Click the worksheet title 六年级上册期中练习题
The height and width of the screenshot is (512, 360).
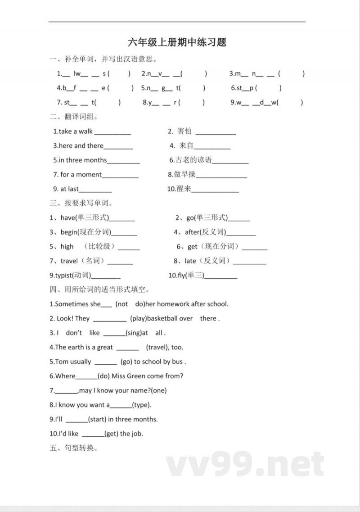pyautogui.click(x=177, y=42)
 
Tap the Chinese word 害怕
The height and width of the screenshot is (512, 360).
pyautogui.click(x=184, y=131)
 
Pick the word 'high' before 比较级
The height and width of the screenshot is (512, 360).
pyautogui.click(x=67, y=247)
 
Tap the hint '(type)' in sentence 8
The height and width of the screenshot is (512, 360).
pyautogui.click(x=142, y=405)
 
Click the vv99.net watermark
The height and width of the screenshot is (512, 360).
pyautogui.click(x=245, y=465)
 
